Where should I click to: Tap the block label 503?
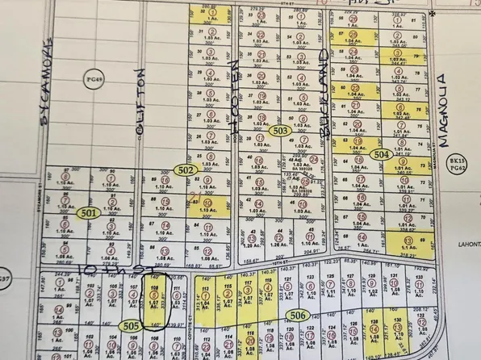click(x=280, y=130)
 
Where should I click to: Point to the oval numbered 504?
click(x=381, y=153)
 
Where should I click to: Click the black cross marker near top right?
click(x=432, y=14)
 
